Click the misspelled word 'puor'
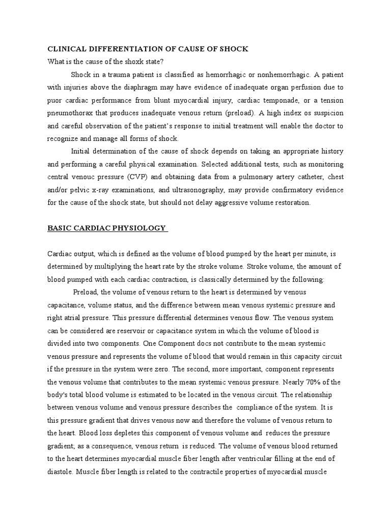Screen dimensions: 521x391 click(x=55, y=100)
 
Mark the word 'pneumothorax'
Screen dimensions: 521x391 click(x=70, y=112)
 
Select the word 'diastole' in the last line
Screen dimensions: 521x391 click(x=61, y=472)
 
